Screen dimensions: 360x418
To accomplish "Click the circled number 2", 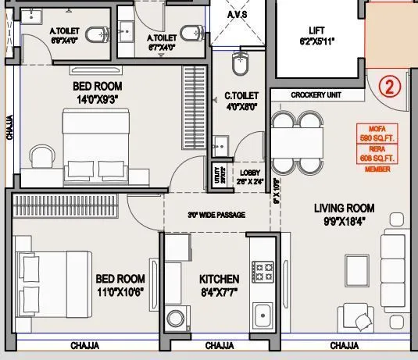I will click(388, 86).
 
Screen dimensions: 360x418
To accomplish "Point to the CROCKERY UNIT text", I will click(317, 95).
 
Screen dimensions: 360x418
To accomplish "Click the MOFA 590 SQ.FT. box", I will click(378, 134).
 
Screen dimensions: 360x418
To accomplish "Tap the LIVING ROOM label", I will click(344, 209).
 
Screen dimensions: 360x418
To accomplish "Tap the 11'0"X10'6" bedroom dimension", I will click(120, 292).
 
